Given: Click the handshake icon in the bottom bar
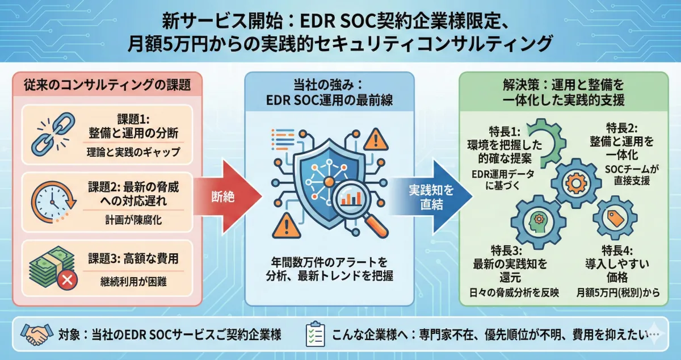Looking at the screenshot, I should (x=35, y=333).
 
